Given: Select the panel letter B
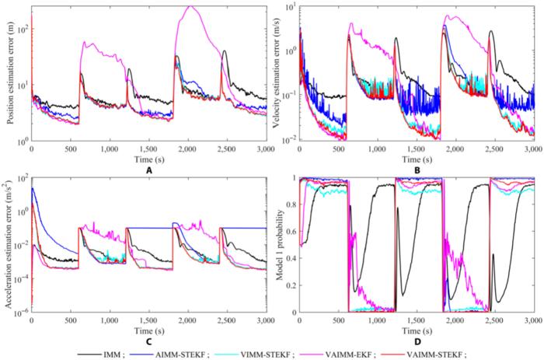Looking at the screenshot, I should pos(417,166).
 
